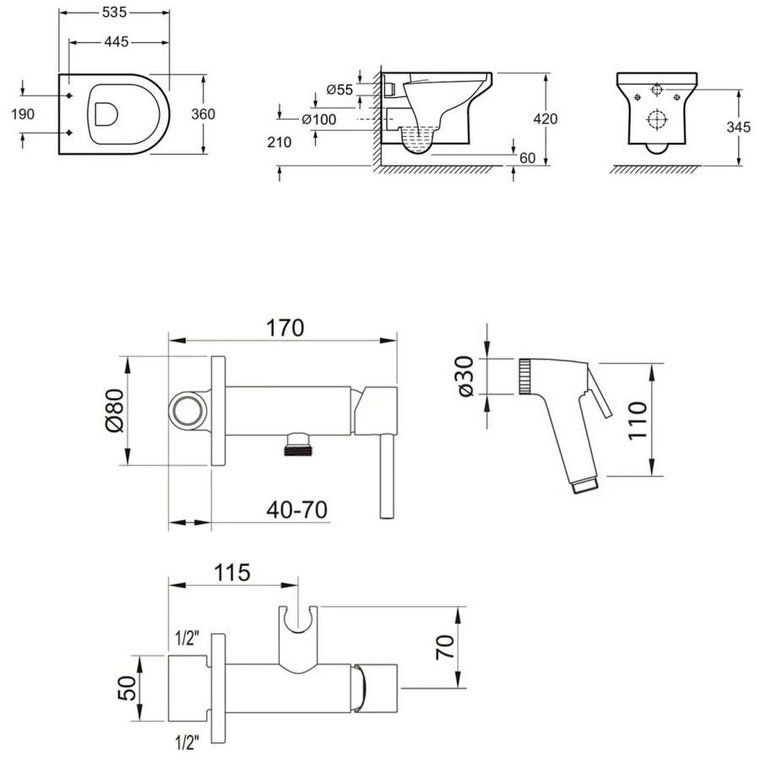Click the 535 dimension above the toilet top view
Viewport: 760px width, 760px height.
point(114,13)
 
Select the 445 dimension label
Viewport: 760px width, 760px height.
point(117,42)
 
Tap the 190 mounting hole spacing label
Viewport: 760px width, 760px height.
point(23,114)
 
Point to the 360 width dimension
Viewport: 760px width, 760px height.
point(203,114)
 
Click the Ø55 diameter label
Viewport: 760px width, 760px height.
point(339,90)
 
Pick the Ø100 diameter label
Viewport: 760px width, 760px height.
point(318,119)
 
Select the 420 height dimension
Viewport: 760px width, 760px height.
point(546,119)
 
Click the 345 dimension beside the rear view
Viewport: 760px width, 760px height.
point(738,127)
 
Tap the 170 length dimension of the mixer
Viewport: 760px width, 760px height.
point(285,328)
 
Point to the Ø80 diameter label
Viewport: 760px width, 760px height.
point(115,411)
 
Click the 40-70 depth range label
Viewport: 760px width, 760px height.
point(296,510)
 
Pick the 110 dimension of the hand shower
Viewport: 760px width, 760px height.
point(638,421)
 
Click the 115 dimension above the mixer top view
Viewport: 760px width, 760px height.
point(232,573)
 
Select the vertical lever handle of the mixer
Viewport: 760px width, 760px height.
point(387,476)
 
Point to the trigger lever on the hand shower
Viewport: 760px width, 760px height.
point(599,392)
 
